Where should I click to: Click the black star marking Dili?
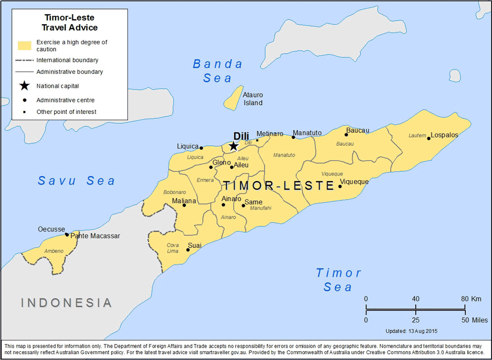click(234, 146)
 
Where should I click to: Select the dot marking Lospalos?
click(429, 138)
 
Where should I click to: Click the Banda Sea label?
click(217, 71)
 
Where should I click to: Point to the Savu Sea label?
click(76, 181)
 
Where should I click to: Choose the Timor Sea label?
click(338, 280)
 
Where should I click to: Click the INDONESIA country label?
click(66, 302)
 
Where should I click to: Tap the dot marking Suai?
click(188, 250)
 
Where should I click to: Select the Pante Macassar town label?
click(95, 236)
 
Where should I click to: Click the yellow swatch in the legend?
click(25, 46)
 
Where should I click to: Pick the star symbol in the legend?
click(25, 86)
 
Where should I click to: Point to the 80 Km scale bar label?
click(470, 299)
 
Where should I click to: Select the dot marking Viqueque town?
click(340, 186)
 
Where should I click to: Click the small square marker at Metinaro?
click(257, 140)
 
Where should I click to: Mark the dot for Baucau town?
click(346, 134)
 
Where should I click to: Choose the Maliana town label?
click(184, 201)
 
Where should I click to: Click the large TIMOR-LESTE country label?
click(279, 186)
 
